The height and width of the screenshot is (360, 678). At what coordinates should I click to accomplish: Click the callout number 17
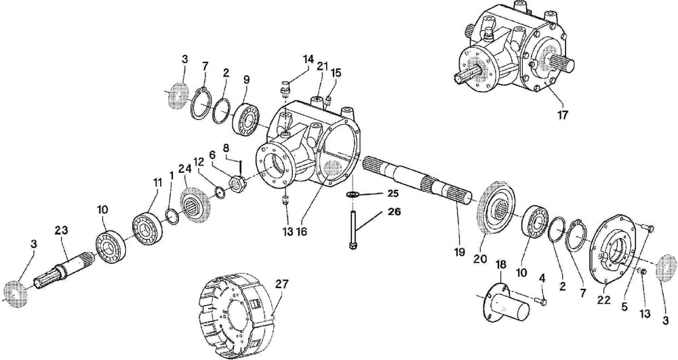(x=563, y=115)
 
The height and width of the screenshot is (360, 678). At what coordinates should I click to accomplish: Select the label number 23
(x=62, y=231)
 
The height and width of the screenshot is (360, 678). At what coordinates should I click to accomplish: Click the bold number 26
(x=393, y=212)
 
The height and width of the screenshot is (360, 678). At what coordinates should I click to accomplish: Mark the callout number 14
(x=308, y=60)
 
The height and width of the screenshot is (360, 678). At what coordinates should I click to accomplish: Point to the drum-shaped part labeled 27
(x=237, y=308)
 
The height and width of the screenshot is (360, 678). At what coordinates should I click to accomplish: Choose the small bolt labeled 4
(x=540, y=299)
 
